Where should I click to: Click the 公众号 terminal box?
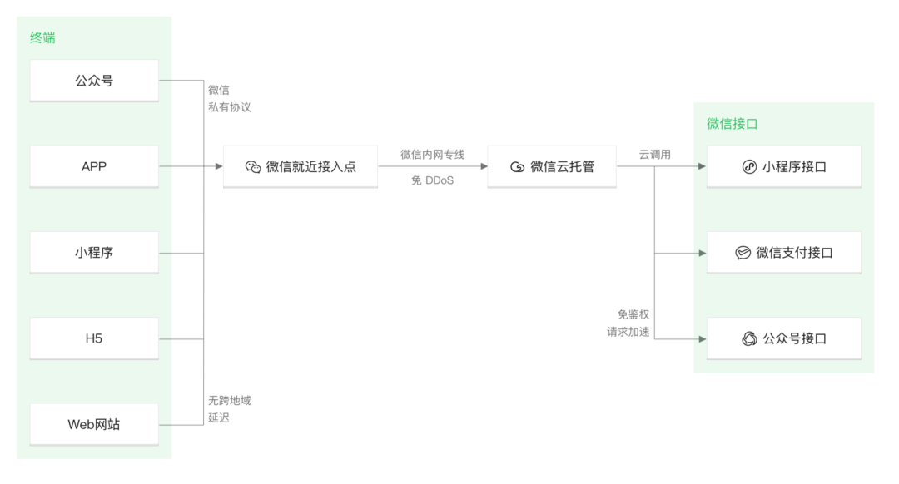point(94,81)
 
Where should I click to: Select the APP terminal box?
point(94,166)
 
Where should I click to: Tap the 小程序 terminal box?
point(94,253)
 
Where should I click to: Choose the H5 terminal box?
point(94,338)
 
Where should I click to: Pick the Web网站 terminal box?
point(94,424)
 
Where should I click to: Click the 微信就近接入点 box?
point(300,166)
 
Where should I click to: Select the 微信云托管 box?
point(552,166)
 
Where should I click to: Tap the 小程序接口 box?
point(784,166)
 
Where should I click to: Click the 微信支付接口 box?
point(784,253)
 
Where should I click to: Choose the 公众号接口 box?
point(784,338)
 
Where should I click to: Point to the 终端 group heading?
point(43,37)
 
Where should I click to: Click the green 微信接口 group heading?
point(733,124)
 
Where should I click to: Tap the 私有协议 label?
point(229,107)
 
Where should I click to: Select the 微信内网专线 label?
point(432,154)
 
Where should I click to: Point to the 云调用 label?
point(655,154)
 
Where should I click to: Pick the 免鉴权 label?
point(633,314)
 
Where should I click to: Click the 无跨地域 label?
point(229,400)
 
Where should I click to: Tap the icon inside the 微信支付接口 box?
point(743,253)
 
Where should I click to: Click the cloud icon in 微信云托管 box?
point(518,167)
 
